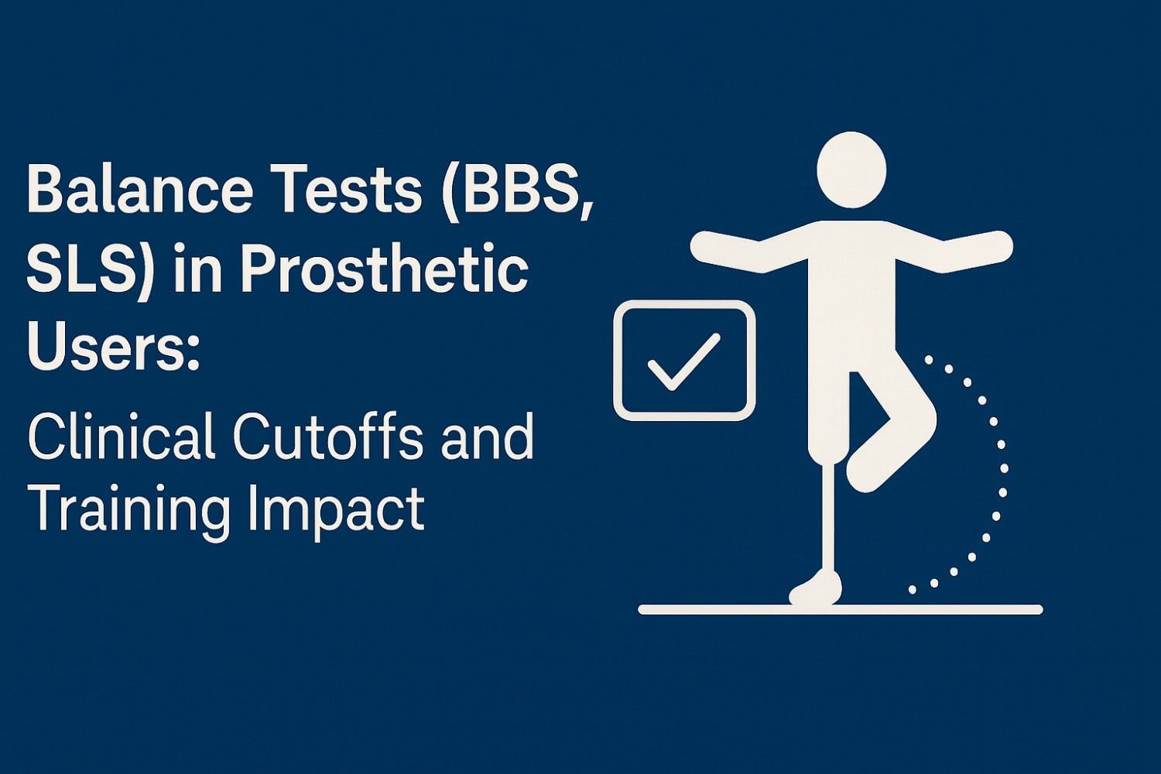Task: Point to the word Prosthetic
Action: point(384,271)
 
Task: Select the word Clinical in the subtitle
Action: point(121,437)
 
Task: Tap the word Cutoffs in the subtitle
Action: point(327,437)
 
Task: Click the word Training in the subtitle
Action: point(128,509)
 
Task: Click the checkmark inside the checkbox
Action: point(683,361)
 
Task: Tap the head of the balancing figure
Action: point(851,169)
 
